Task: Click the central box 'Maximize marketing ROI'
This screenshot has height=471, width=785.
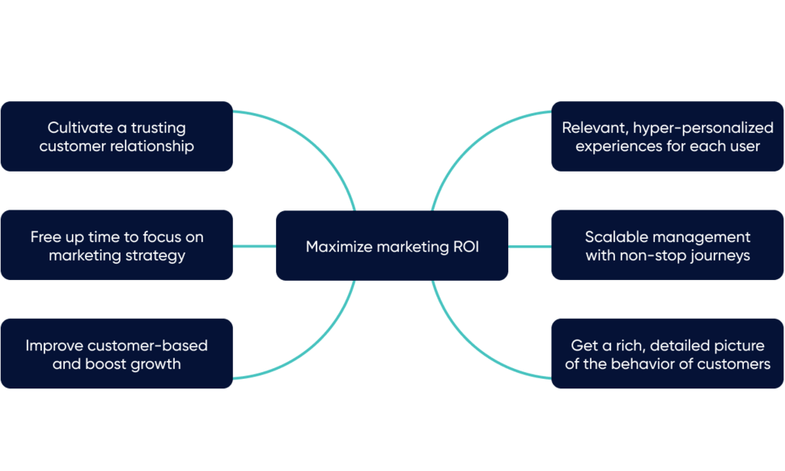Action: click(x=392, y=245)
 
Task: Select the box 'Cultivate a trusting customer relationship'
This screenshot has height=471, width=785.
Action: click(x=117, y=136)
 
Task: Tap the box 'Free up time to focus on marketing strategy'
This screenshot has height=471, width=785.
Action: click(x=117, y=245)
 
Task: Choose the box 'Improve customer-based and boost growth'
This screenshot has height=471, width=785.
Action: click(x=117, y=354)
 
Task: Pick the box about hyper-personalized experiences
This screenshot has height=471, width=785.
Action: click(x=668, y=136)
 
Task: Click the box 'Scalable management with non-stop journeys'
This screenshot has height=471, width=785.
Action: click(x=668, y=245)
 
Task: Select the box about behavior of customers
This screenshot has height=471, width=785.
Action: click(x=668, y=354)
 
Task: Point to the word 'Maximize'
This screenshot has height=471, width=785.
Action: click(x=337, y=247)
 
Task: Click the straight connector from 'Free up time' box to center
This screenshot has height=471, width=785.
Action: click(x=254, y=246)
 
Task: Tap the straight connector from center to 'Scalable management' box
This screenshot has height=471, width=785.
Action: click(x=530, y=246)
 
